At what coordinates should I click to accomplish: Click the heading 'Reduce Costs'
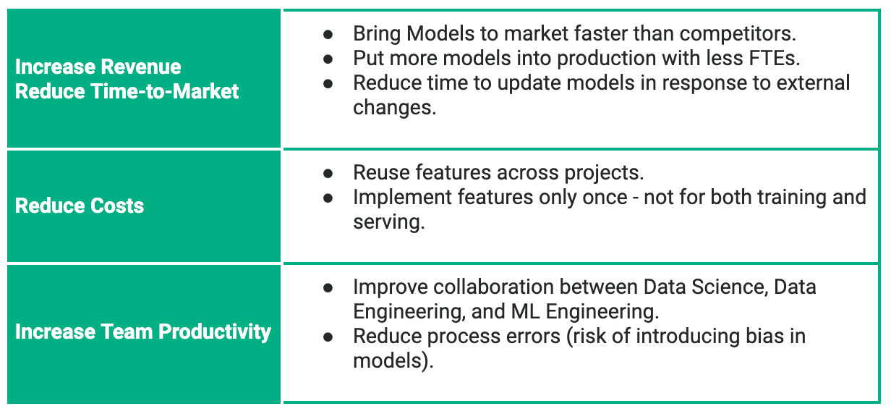tap(79, 206)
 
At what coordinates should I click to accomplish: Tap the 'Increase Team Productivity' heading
tap(142, 331)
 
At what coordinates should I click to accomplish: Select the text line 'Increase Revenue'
tap(98, 67)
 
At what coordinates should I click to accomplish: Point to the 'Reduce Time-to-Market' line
tap(127, 91)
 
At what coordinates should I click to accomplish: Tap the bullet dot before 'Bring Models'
tap(328, 35)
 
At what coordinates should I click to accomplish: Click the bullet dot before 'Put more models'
tap(328, 59)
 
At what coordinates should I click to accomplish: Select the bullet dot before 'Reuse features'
tap(328, 174)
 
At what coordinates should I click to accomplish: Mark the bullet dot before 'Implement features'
tap(328, 198)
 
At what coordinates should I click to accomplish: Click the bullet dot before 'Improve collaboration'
tap(328, 288)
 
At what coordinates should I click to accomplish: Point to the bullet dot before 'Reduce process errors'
tap(328, 337)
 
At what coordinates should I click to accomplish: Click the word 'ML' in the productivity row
tap(526, 312)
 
